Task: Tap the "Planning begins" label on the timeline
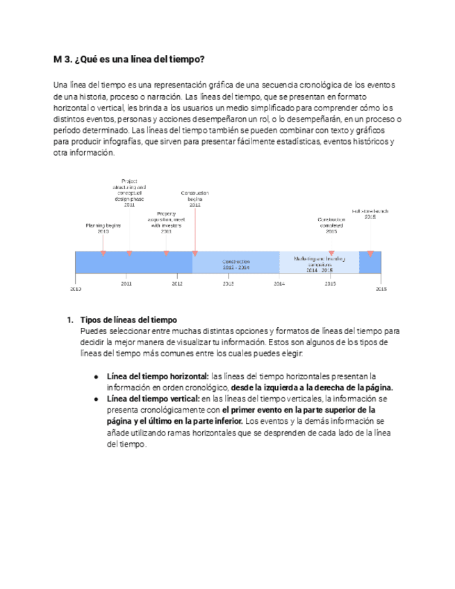click(103, 228)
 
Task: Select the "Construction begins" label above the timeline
click(195, 199)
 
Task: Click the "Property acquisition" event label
click(166, 222)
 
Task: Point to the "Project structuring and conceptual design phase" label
click(129, 193)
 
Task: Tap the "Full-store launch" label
click(370, 213)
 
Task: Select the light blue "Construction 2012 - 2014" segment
click(235, 264)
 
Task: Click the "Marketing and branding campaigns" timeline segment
click(319, 262)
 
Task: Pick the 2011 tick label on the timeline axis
click(126, 283)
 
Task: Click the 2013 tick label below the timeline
click(229, 283)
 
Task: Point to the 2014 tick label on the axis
click(279, 283)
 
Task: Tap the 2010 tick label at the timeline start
click(75, 288)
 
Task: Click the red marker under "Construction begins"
click(195, 254)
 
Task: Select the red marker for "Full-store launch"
click(370, 254)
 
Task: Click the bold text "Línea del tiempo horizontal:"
click(158, 376)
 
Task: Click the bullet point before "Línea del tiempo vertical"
click(96, 399)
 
